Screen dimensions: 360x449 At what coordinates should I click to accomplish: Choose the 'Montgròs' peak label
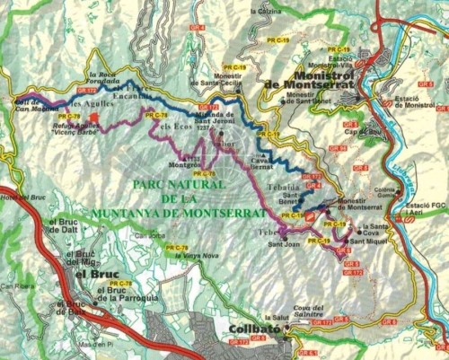point(187,163)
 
